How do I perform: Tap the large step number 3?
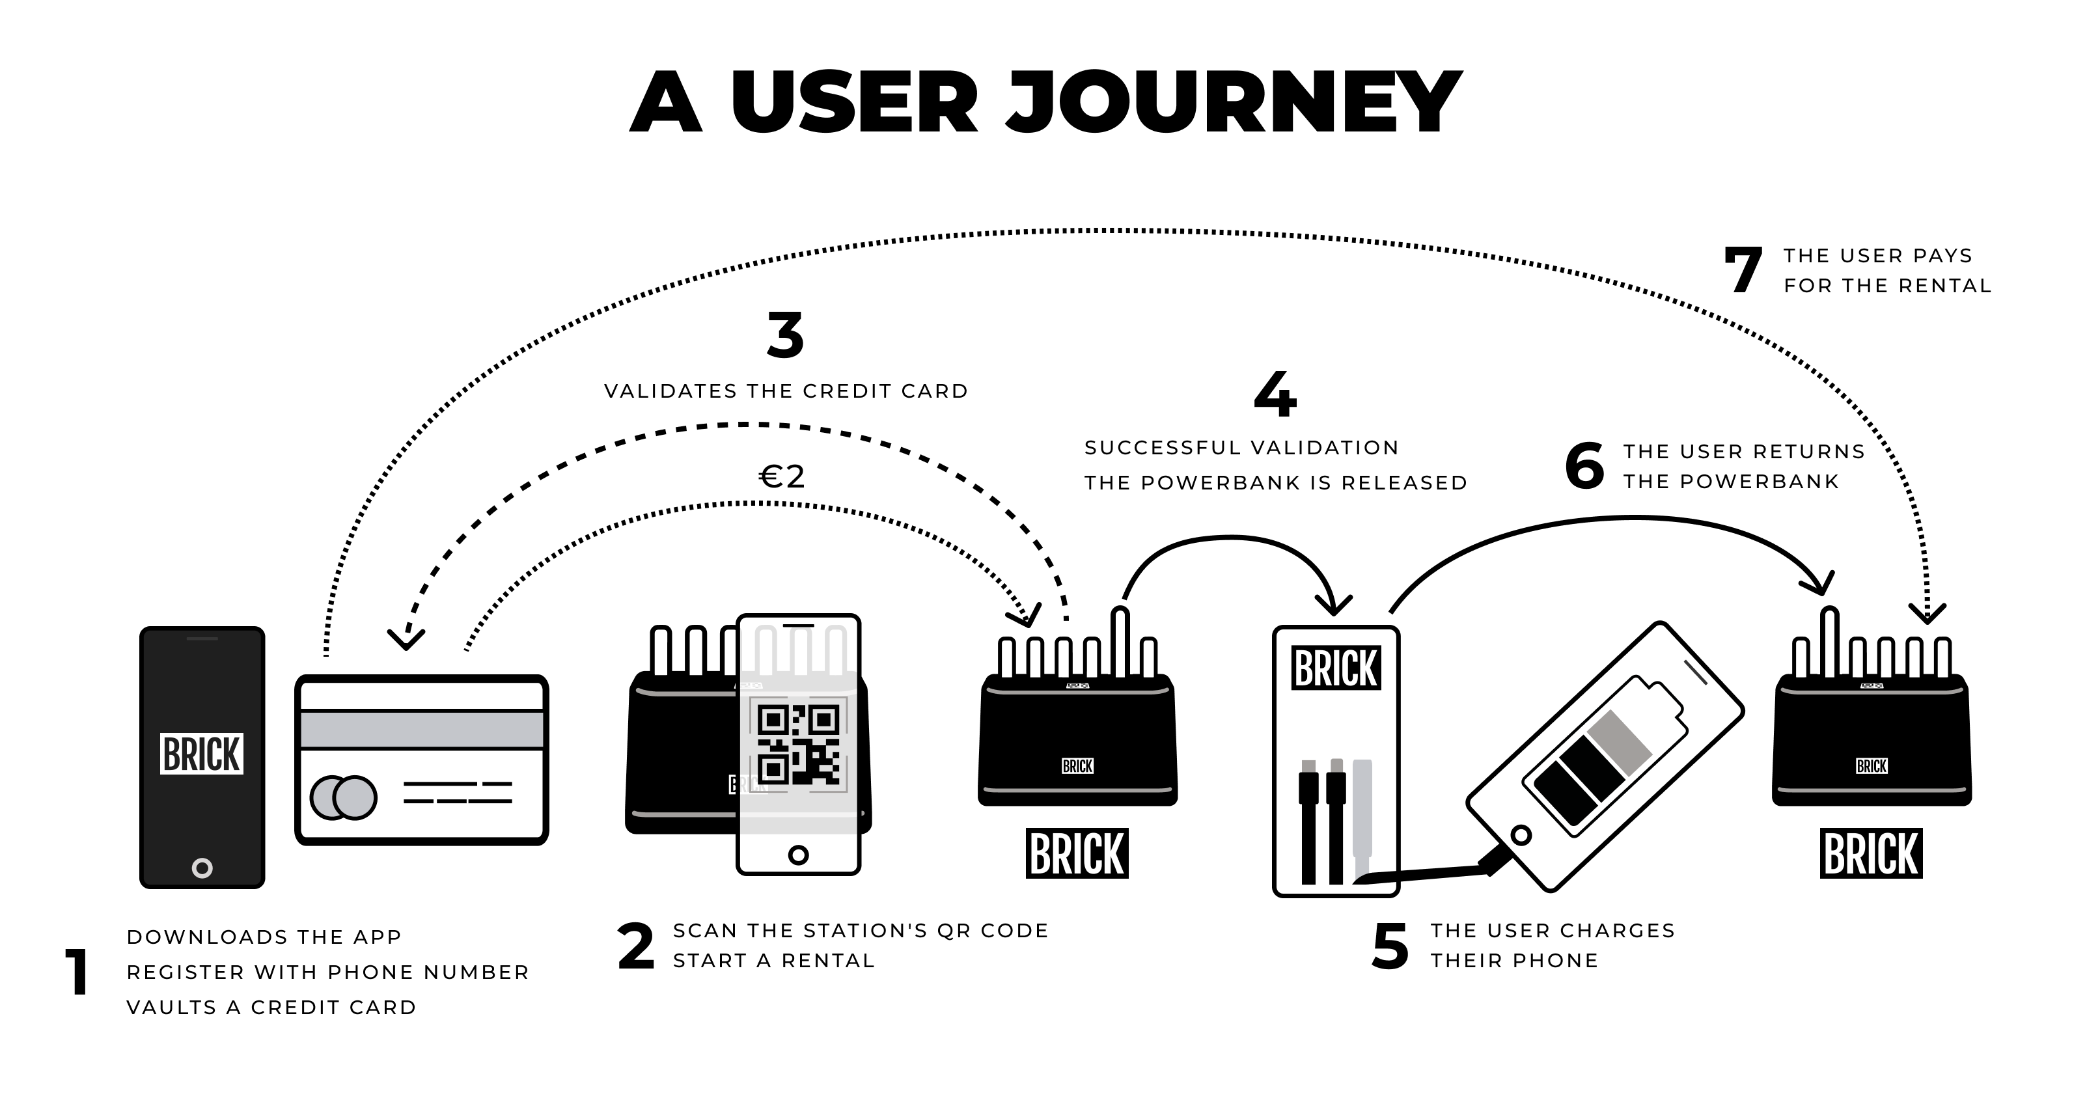click(x=785, y=335)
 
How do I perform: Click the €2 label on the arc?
click(x=782, y=477)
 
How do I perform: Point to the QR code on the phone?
click(x=798, y=744)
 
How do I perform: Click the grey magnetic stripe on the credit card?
click(x=421, y=729)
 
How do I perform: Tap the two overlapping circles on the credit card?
click(x=343, y=797)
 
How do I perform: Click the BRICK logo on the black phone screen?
click(x=201, y=754)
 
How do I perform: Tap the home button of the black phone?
click(x=202, y=868)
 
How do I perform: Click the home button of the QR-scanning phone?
click(x=798, y=855)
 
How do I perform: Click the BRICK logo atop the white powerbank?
click(x=1335, y=668)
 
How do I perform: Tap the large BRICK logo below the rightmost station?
click(x=1871, y=854)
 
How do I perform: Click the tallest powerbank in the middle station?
click(x=1120, y=642)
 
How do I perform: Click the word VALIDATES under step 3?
click(x=670, y=391)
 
